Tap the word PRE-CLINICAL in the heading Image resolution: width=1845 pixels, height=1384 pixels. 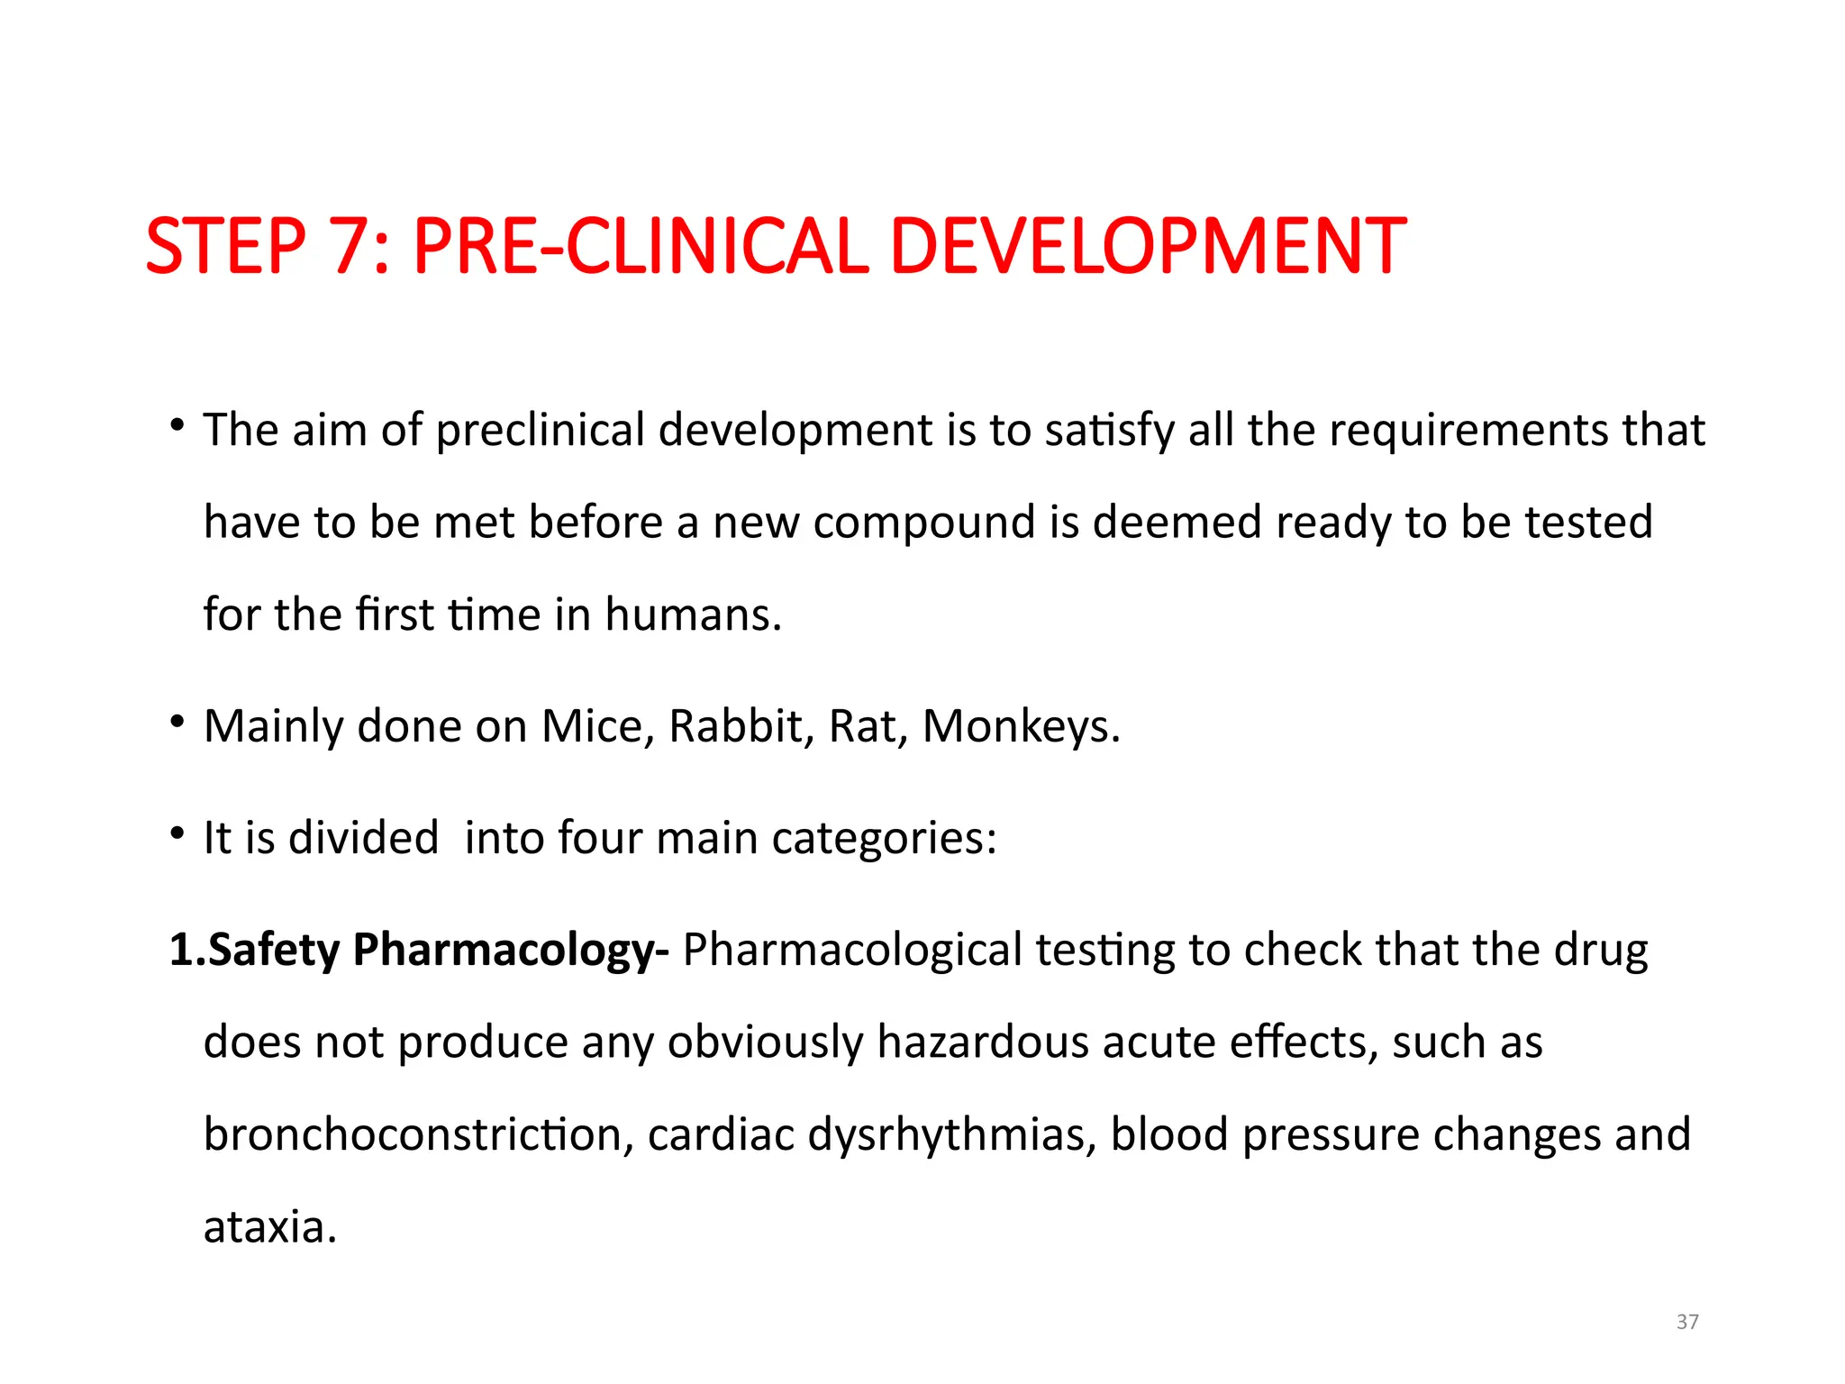(640, 246)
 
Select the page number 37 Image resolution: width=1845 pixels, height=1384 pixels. (1687, 1322)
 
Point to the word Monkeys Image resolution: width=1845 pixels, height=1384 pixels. (1021, 726)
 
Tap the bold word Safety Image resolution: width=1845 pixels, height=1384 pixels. (274, 951)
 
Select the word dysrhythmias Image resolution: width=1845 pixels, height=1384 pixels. (951, 1134)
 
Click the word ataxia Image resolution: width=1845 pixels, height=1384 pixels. (269, 1227)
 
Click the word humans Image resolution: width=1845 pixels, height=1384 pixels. (693, 615)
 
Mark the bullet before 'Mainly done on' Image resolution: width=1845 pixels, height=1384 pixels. (177, 722)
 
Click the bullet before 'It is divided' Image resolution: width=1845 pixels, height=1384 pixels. (177, 833)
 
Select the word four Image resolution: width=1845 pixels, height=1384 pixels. (599, 838)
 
